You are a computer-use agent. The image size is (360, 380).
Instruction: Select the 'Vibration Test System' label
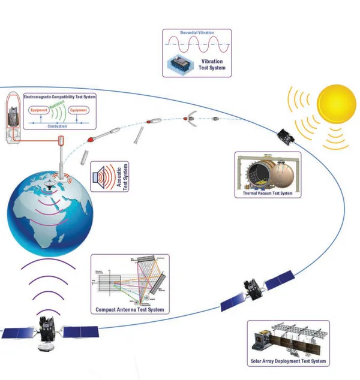click(x=214, y=64)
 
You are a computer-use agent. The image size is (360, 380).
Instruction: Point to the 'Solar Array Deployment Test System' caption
click(x=288, y=361)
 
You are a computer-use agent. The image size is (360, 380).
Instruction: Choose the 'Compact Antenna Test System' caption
click(x=129, y=310)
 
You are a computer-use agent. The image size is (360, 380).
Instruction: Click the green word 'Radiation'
click(x=58, y=105)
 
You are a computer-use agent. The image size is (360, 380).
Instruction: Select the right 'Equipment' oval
click(x=79, y=110)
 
